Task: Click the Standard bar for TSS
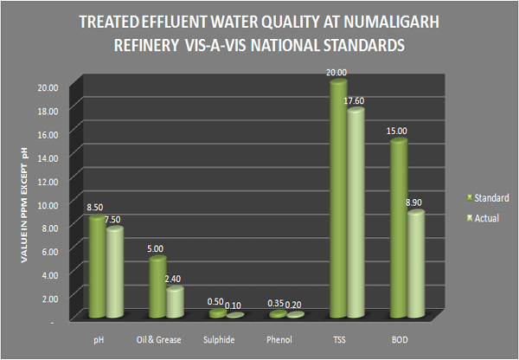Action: (337, 199)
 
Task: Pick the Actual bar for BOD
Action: (415, 263)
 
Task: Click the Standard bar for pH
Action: (97, 267)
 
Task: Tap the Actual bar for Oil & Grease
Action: (175, 302)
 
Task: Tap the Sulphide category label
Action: (217, 339)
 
